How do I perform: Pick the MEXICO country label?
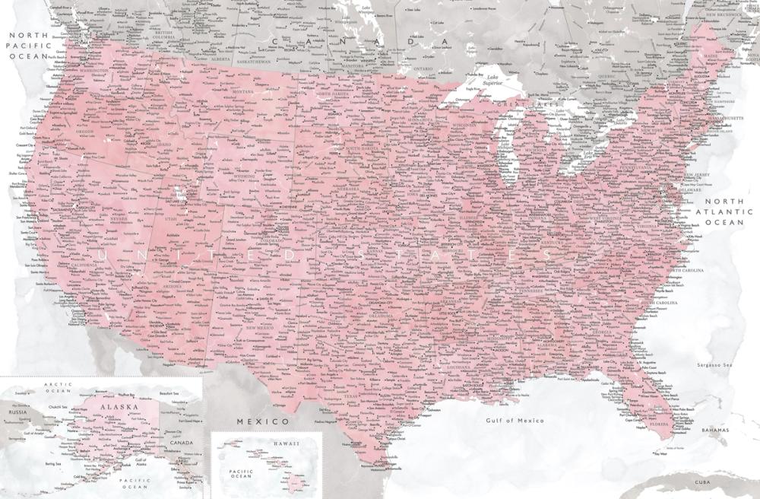pyautogui.click(x=263, y=420)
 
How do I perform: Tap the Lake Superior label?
pyautogui.click(x=478, y=78)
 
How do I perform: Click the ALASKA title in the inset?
pyautogui.click(x=123, y=407)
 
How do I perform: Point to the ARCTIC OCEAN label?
pyautogui.click(x=57, y=388)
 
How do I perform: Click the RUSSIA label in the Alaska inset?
pyautogui.click(x=17, y=412)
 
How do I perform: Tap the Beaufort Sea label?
pyautogui.click(x=176, y=393)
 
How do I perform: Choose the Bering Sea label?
pyautogui.click(x=52, y=462)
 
